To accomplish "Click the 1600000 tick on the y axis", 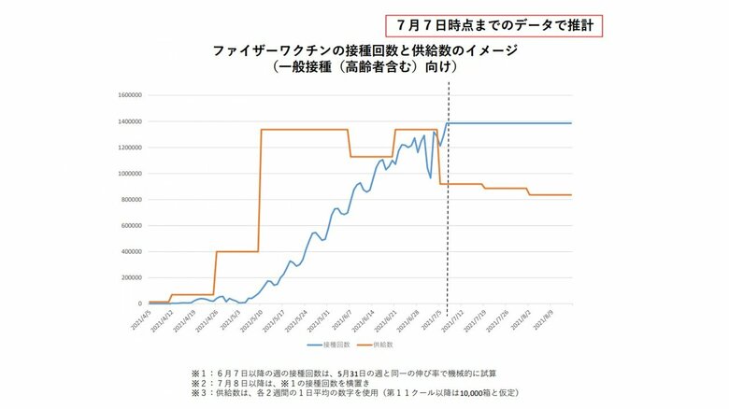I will [129, 95].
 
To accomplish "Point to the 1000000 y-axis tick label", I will [129, 174].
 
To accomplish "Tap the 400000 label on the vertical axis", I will [131, 252].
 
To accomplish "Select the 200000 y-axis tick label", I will [131, 278].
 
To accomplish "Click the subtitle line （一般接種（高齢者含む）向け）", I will [364, 67].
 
